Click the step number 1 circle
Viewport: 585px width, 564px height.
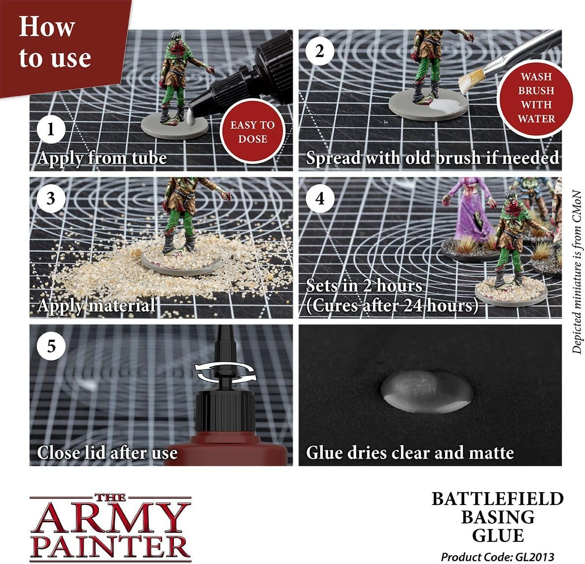coord(50,131)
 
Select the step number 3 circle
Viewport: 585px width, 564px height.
coord(50,198)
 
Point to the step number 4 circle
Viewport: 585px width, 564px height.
coord(319,198)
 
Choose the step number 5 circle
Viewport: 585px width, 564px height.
coord(50,346)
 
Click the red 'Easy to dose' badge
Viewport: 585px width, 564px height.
coord(252,132)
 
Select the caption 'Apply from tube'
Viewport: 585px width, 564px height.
coord(102,158)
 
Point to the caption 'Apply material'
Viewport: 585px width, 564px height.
coord(97,306)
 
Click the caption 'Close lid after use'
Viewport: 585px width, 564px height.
coord(107,452)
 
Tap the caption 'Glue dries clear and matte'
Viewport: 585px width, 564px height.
coord(410,452)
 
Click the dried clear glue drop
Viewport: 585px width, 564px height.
coord(427,390)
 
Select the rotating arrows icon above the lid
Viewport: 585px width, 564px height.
coord(226,372)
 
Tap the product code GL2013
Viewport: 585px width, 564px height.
coord(497,557)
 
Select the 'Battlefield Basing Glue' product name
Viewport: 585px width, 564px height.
coord(497,517)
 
